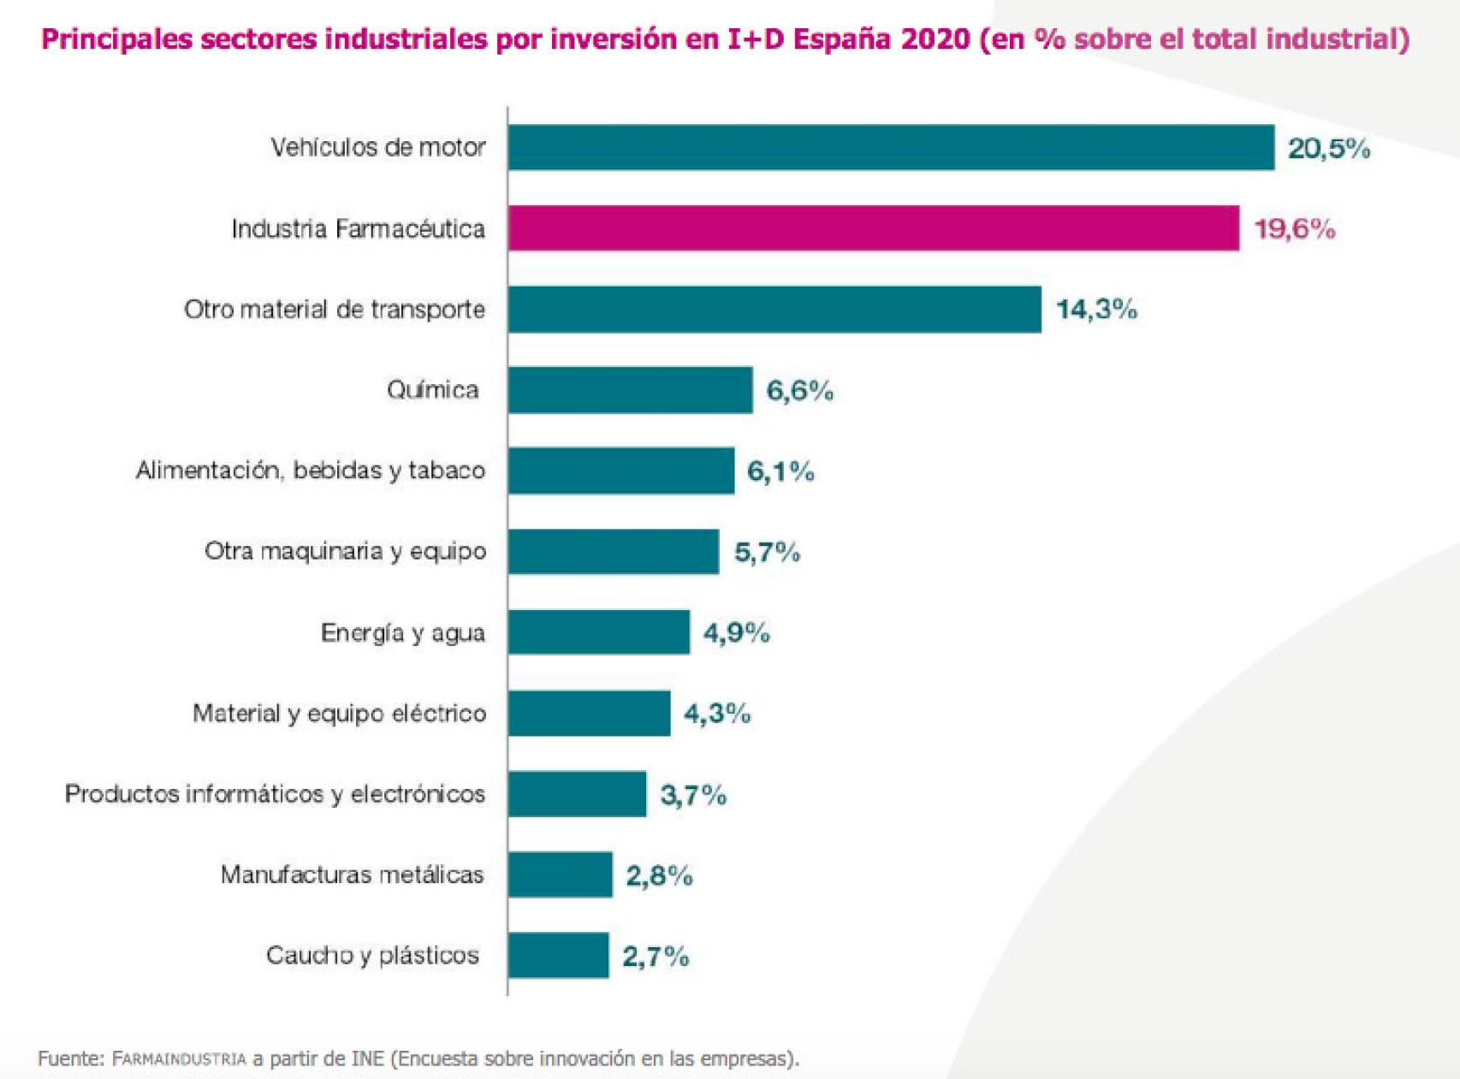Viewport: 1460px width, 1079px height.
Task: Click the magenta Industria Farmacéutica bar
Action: click(873, 228)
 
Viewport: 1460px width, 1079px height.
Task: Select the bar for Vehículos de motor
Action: click(890, 147)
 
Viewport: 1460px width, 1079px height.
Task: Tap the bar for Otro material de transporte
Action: click(775, 309)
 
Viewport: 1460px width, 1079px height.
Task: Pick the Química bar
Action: click(630, 390)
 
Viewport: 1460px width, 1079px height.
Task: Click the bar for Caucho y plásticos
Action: click(558, 955)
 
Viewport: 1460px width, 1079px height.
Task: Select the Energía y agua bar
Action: click(598, 632)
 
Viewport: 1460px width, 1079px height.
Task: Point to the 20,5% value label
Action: click(1328, 148)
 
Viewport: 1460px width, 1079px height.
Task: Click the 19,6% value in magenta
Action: click(1294, 228)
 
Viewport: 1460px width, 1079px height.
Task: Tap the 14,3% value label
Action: click(1096, 309)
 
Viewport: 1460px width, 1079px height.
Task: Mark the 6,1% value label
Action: click(780, 471)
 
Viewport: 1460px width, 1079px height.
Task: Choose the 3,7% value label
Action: click(693, 795)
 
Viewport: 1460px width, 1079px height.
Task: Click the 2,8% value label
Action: click(659, 875)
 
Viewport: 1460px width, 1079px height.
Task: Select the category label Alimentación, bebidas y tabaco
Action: click(311, 471)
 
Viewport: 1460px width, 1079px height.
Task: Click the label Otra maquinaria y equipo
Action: click(345, 551)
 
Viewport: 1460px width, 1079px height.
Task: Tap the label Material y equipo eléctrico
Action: click(339, 713)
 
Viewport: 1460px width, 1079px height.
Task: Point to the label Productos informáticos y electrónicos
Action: click(275, 794)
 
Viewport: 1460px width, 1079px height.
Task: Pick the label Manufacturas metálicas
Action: click(352, 874)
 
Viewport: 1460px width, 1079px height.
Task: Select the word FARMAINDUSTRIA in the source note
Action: click(179, 1059)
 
